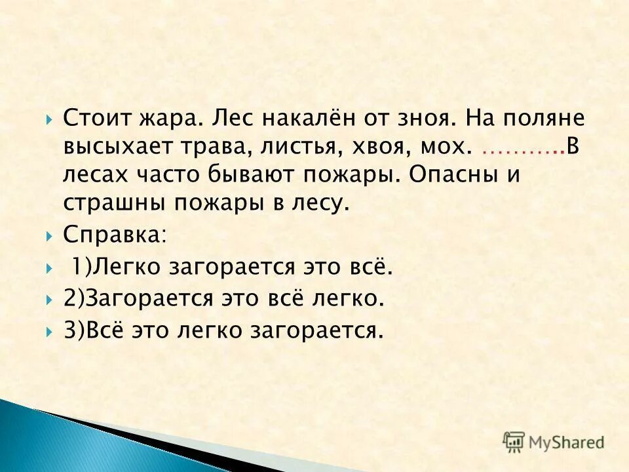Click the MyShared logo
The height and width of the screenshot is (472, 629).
tap(554, 442)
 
